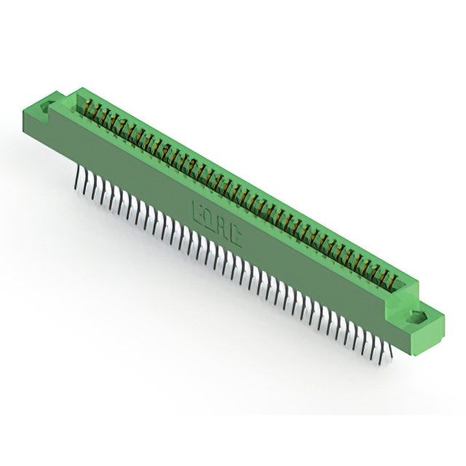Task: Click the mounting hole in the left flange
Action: (x=48, y=108)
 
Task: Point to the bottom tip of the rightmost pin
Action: (x=391, y=358)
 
